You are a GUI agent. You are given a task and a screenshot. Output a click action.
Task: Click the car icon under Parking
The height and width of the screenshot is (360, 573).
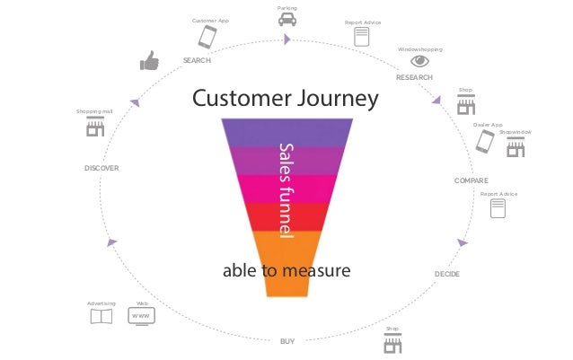point(286,19)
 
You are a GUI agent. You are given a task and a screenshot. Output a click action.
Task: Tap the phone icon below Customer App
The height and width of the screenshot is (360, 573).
point(207,37)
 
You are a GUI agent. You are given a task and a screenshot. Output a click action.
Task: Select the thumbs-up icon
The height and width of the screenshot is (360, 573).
point(148,60)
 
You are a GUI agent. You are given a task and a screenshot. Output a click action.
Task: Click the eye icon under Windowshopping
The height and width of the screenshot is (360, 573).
point(419,61)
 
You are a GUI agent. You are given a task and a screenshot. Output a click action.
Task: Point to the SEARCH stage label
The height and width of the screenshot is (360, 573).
point(197,60)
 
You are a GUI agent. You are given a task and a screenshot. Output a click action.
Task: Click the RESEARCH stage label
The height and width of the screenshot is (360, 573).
point(414,78)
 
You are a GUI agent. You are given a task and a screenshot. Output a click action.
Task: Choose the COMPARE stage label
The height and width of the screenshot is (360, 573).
point(472,180)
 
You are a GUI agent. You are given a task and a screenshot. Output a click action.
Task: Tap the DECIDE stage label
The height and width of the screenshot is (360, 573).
point(446,273)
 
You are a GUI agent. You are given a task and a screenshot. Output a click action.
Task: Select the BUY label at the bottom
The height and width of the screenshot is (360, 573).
point(287,341)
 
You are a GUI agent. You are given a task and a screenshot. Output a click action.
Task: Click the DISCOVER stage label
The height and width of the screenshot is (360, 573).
point(101,168)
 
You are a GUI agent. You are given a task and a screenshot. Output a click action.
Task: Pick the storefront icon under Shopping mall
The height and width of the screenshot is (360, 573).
point(94,127)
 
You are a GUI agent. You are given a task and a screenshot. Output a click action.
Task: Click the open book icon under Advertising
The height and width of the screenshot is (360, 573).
point(101,317)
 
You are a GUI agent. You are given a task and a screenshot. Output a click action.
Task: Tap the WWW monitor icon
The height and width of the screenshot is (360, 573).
point(141,317)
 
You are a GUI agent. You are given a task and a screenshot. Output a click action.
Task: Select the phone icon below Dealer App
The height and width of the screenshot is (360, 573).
point(485,142)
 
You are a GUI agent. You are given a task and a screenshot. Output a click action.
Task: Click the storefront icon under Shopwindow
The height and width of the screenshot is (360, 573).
point(516,147)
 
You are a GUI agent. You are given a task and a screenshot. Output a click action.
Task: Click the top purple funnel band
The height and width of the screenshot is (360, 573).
point(286,133)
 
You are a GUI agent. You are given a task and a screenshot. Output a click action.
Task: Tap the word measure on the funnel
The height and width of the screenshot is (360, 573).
point(316,269)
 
